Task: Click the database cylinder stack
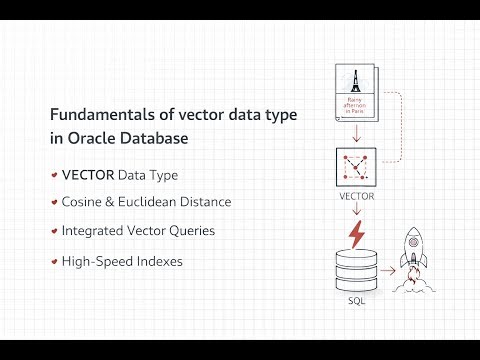click(x=356, y=271)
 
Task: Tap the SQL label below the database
click(x=356, y=301)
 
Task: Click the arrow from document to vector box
click(x=357, y=136)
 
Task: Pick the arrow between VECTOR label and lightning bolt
click(x=357, y=210)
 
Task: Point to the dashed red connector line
click(x=398, y=125)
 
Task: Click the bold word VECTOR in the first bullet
click(x=87, y=175)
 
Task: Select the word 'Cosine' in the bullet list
click(x=82, y=202)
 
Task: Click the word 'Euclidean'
click(x=149, y=202)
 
